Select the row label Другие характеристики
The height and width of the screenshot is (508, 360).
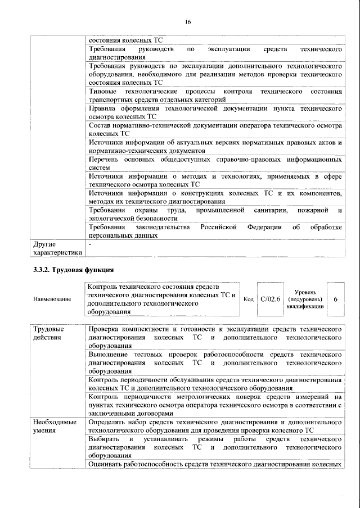pos(57,249)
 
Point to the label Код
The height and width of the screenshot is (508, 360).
pos(249,299)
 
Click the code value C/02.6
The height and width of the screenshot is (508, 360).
pos(271,299)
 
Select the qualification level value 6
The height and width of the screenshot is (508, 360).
pos(336,299)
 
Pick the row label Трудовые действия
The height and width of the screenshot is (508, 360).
pos(48,332)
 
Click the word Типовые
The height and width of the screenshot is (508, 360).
pos(103,91)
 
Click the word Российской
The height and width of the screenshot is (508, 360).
pos(217,227)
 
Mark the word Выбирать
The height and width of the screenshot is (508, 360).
pos(103,438)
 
